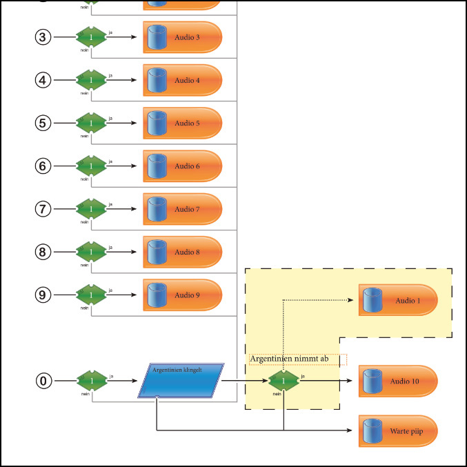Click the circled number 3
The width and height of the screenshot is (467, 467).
point(43,37)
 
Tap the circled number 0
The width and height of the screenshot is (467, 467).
point(43,380)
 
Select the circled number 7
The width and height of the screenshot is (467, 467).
point(43,208)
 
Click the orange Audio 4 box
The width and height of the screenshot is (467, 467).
point(183,80)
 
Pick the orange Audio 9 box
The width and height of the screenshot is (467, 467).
point(183,295)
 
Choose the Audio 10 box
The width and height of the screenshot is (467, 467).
point(398,381)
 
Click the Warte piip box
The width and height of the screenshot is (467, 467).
point(398,432)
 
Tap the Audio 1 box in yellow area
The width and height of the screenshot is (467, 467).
point(398,301)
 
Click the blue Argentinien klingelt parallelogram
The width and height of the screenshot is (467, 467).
point(181,380)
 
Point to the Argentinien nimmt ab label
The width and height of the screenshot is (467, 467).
point(298,359)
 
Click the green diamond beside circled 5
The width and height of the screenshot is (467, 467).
point(91,123)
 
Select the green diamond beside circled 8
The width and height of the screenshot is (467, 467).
point(91,252)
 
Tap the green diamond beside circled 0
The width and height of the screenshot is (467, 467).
point(91,380)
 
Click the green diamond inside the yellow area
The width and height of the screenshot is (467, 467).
point(284,380)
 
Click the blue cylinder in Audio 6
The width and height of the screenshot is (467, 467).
point(158,166)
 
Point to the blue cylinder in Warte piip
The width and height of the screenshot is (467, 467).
point(373,432)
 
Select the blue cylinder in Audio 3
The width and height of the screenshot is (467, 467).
point(158,37)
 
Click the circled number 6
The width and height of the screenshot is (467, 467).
point(43,166)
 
